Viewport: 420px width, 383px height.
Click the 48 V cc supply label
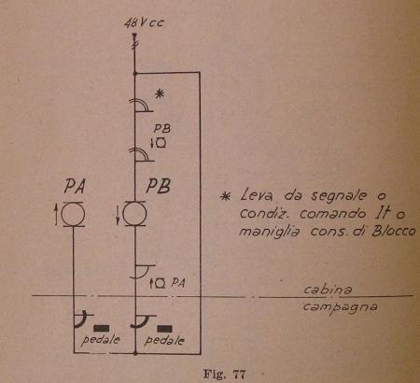144,23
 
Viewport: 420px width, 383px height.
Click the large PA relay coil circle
73,214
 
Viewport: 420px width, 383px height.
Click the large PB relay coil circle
134,214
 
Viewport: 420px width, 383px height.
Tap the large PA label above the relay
75,187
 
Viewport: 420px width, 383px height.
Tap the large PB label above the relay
159,186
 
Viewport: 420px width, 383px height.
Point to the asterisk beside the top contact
160,93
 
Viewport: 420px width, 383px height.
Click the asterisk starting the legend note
225,196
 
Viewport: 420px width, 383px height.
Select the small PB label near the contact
162,129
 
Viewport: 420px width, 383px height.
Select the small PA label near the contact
178,283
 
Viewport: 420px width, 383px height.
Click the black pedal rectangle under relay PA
101,328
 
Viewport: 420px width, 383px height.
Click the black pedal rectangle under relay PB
164,329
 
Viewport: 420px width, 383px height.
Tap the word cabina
328,290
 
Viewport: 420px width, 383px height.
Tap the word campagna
341,307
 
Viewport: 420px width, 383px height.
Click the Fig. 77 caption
224,374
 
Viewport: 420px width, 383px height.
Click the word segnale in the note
339,196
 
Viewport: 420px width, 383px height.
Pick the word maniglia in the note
270,232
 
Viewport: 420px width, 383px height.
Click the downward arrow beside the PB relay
118,214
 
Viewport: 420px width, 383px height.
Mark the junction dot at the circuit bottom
135,353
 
